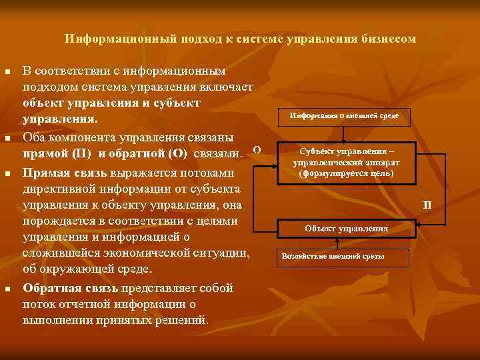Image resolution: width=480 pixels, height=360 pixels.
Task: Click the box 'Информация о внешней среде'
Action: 344,116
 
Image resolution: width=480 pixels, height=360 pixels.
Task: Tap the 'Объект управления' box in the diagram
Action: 346,228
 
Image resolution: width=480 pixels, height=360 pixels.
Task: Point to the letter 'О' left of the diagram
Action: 257,148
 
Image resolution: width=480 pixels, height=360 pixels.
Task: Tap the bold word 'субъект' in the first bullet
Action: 181,103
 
